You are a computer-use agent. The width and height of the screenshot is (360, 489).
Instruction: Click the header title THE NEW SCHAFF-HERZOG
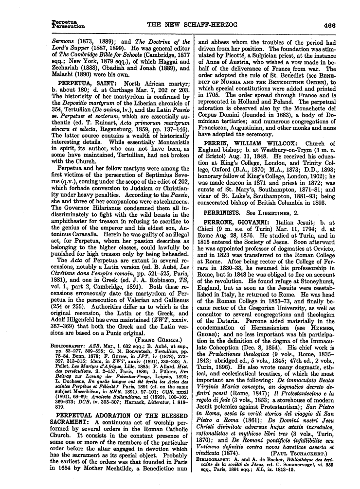point(183,25)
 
